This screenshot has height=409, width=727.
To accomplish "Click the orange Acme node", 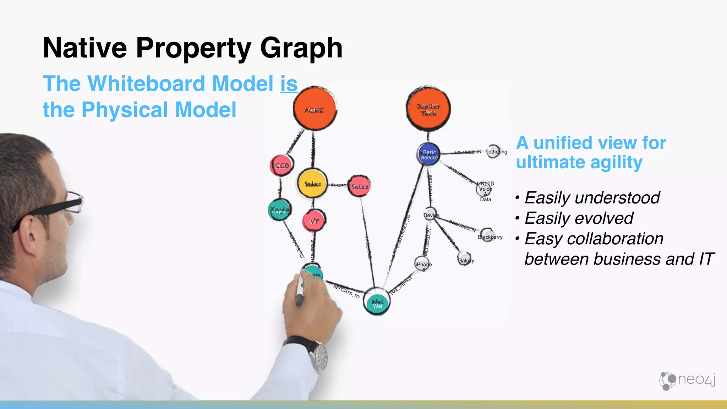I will click(315, 109).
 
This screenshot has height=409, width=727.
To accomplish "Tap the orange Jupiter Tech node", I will click(428, 109).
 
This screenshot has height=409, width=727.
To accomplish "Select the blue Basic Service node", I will click(429, 154).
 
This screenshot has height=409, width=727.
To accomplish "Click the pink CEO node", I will click(281, 165).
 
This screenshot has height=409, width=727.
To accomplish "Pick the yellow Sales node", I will click(312, 184).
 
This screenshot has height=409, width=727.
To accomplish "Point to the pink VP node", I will click(314, 221).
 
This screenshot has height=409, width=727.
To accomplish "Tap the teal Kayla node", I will click(279, 210).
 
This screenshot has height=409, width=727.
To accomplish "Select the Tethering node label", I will click(496, 152).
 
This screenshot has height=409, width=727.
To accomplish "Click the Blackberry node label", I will click(490, 236).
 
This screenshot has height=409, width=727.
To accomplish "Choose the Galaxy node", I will click(465, 259).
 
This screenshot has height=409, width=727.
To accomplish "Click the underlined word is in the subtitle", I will click(289, 83).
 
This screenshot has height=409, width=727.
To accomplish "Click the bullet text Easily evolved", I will click(579, 218).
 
